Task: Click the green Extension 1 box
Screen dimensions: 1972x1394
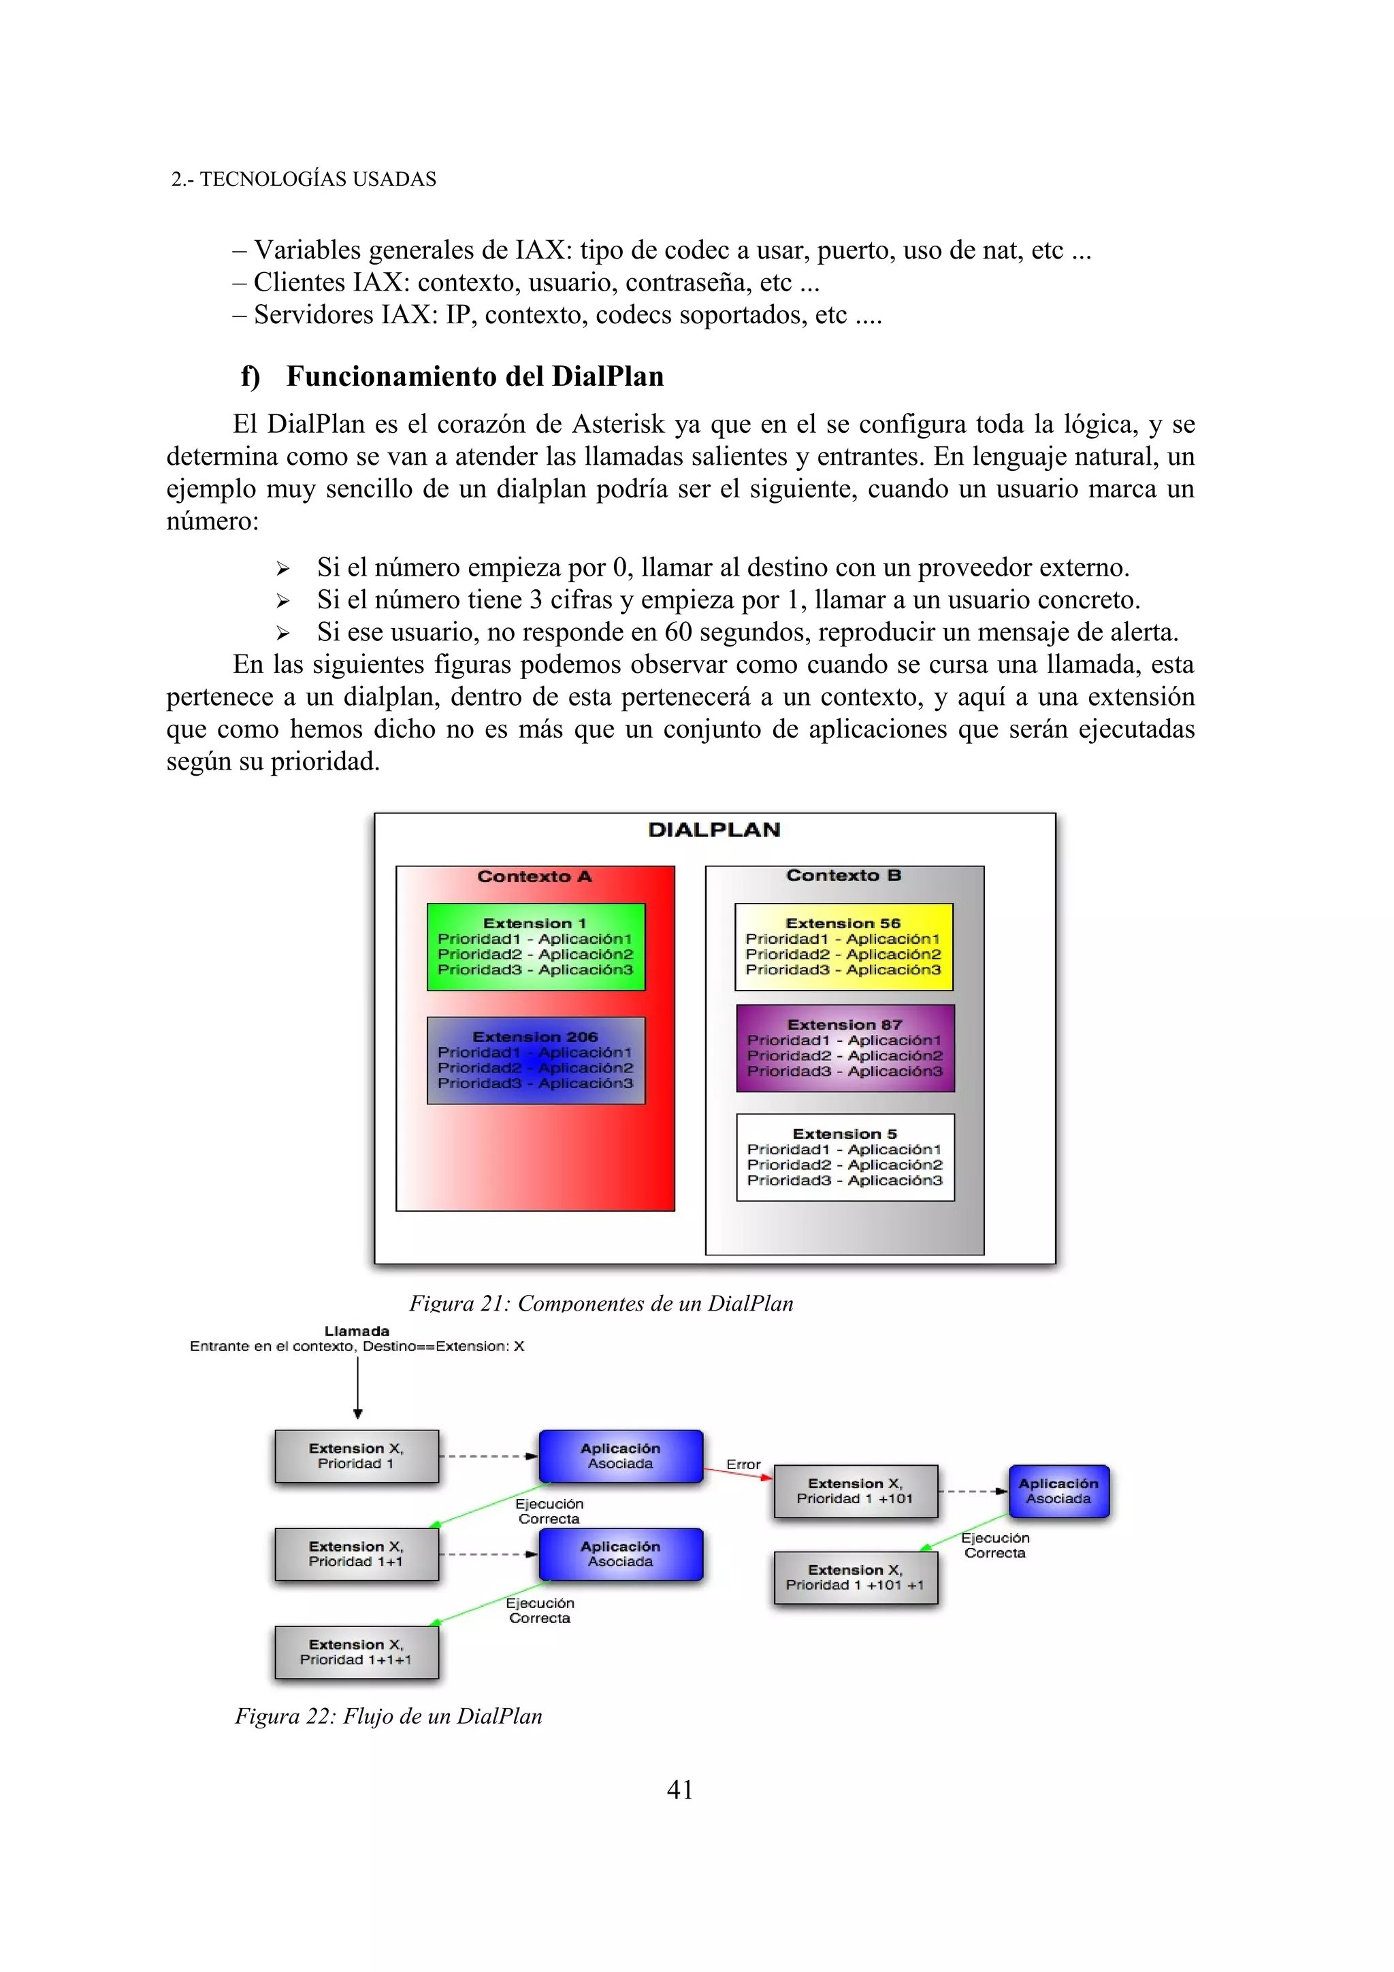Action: coord(535,947)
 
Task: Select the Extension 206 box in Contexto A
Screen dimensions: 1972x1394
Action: coord(535,1060)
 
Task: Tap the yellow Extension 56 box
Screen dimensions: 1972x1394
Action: coord(843,947)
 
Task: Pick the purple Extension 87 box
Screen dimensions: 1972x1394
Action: coord(845,1048)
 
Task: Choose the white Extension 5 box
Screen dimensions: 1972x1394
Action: coord(845,1157)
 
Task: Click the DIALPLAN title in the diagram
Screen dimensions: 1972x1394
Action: coord(714,829)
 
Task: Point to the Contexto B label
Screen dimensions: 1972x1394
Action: coord(843,875)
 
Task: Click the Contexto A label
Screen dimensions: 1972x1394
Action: coord(534,876)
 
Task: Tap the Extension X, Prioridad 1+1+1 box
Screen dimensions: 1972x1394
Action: coord(357,1651)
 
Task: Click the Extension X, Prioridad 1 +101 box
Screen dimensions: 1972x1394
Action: coord(855,1491)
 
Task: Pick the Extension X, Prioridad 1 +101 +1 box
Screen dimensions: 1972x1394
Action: coord(855,1578)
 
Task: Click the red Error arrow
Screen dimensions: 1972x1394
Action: coord(739,1475)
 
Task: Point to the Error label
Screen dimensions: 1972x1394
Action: coord(743,1464)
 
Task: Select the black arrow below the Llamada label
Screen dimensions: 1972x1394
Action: coord(357,1387)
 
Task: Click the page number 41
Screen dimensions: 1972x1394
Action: coord(679,1789)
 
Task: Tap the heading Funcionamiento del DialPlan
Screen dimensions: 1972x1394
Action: coord(474,376)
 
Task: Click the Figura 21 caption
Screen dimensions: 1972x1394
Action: coord(600,1303)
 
